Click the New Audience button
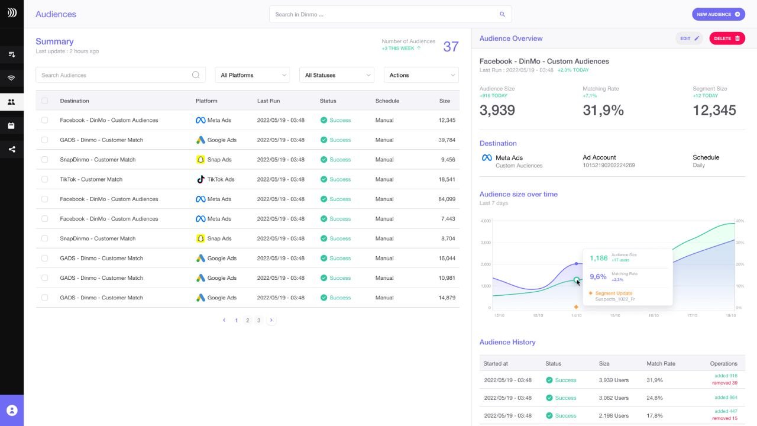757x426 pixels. click(718, 14)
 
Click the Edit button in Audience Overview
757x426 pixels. click(689, 38)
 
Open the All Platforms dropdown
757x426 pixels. click(253, 75)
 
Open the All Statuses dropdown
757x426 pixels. click(337, 75)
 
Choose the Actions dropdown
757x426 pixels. click(421, 75)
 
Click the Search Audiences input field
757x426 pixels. click(116, 75)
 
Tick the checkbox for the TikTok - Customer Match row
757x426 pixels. click(44, 179)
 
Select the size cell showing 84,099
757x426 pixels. click(447, 199)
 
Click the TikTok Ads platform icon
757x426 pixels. click(200, 179)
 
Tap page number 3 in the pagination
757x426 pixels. click(258, 320)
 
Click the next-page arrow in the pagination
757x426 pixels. click(271, 320)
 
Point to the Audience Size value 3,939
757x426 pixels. click(497, 110)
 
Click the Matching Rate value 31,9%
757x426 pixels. click(603, 110)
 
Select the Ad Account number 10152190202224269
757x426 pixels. click(609, 166)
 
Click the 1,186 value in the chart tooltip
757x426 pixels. click(599, 258)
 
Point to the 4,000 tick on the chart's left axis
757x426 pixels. click(486, 221)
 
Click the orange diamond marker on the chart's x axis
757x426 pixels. click(576, 306)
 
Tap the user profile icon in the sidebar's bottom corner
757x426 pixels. click(12, 410)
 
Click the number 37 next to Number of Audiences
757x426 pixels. click(451, 47)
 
